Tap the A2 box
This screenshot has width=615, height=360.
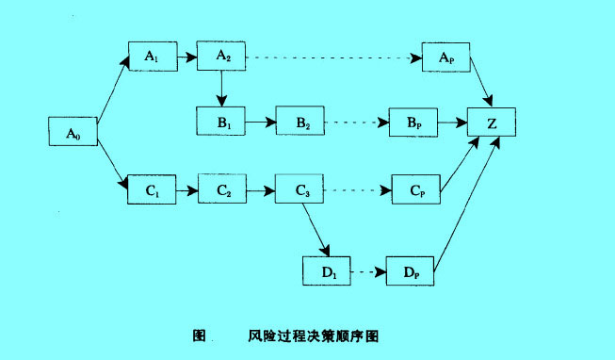coord(222,57)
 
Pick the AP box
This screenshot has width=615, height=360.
coord(446,57)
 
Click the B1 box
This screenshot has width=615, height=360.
coord(221,123)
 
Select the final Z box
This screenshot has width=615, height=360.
coord(494,123)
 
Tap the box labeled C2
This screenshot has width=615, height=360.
coord(222,189)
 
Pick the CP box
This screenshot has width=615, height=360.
coord(414,189)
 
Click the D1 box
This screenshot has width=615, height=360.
coord(326,271)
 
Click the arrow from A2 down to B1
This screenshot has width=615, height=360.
coord(222,89)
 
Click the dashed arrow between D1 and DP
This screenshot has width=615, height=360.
coord(368,272)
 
